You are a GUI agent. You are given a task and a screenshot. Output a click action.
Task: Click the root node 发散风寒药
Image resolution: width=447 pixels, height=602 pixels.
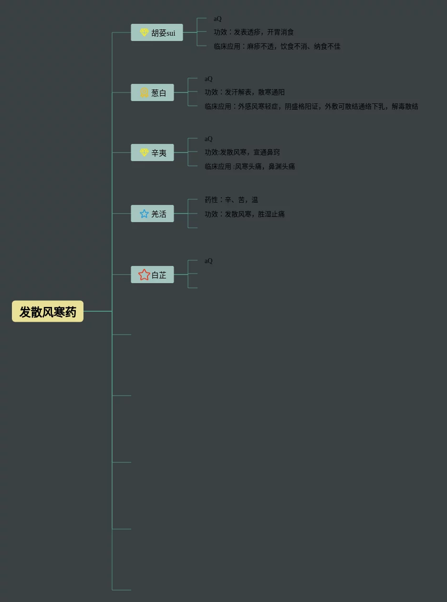(x=48, y=311)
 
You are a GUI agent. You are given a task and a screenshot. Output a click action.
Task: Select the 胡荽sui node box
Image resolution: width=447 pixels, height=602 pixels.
(x=157, y=32)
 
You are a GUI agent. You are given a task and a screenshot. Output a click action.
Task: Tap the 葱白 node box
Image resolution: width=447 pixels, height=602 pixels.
(x=153, y=92)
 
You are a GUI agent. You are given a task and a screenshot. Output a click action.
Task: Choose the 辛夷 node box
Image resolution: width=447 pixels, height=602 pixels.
(x=153, y=153)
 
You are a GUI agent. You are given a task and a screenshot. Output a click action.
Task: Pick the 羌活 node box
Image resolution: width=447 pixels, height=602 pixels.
(x=153, y=214)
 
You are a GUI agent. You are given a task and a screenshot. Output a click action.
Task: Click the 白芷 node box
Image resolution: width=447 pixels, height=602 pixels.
(x=153, y=275)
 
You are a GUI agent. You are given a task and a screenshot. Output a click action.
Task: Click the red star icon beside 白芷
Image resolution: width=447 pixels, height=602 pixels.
(x=144, y=275)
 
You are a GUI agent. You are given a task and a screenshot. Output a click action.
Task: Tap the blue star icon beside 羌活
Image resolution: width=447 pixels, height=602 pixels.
(x=144, y=214)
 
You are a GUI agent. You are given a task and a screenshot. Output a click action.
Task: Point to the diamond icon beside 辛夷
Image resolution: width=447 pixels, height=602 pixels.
(x=144, y=153)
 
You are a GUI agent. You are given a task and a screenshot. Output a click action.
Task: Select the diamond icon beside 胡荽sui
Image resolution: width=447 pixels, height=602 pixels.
(x=144, y=32)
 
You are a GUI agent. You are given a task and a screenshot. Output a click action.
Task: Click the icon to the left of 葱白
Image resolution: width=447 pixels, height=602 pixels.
(x=144, y=92)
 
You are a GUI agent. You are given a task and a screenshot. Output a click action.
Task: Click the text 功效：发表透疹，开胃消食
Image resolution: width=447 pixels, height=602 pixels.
(x=254, y=32)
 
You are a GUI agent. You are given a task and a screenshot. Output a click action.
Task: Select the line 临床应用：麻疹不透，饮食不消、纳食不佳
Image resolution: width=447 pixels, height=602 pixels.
(x=277, y=47)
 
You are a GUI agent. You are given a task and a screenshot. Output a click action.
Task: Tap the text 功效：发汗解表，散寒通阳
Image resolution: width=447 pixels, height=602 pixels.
(x=245, y=92)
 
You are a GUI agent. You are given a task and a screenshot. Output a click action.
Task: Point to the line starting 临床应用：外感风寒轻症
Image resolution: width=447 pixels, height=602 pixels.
(x=311, y=107)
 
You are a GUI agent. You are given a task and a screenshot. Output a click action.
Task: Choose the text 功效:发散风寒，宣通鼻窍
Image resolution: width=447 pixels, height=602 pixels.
(x=242, y=153)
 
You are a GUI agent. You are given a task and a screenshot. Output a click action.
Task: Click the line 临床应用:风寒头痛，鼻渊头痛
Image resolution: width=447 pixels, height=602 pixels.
(x=249, y=167)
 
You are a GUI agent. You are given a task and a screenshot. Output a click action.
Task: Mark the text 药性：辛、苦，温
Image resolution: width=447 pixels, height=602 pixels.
(x=231, y=200)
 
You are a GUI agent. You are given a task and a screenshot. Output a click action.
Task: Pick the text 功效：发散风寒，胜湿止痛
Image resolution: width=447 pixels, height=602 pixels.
(x=245, y=214)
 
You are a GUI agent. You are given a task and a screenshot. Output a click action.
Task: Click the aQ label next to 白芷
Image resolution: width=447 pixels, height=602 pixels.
(x=208, y=261)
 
